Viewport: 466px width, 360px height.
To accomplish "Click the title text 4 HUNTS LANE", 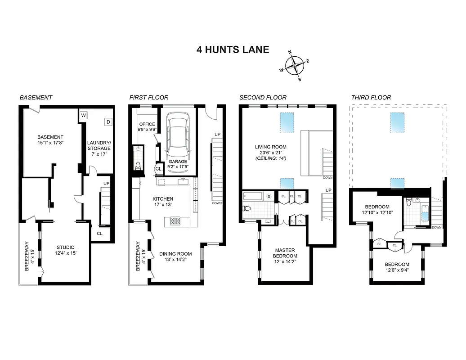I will (233, 49).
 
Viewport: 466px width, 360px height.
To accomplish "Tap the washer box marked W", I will (83, 115).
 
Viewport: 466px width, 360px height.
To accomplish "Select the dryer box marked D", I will (108, 121).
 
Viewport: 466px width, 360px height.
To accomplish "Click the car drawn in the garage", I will (179, 134).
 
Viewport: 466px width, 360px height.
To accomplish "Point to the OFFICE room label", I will (147, 124).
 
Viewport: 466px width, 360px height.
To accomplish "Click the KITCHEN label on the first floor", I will (162, 199).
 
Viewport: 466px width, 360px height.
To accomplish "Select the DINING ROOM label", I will (175, 254).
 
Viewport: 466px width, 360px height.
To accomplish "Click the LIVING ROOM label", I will (270, 147).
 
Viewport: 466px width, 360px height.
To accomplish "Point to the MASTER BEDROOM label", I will (286, 253).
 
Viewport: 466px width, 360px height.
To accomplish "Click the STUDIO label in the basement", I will (65, 247).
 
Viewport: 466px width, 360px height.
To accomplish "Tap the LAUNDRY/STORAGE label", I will (99, 145).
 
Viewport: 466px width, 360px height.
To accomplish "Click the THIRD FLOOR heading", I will (371, 97).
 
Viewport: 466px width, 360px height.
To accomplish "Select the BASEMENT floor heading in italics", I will (36, 97).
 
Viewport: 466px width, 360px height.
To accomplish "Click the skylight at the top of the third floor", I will (397, 121).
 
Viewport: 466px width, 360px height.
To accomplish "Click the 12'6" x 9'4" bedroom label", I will (397, 267).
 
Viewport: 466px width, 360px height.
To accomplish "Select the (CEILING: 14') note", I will (270, 158).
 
